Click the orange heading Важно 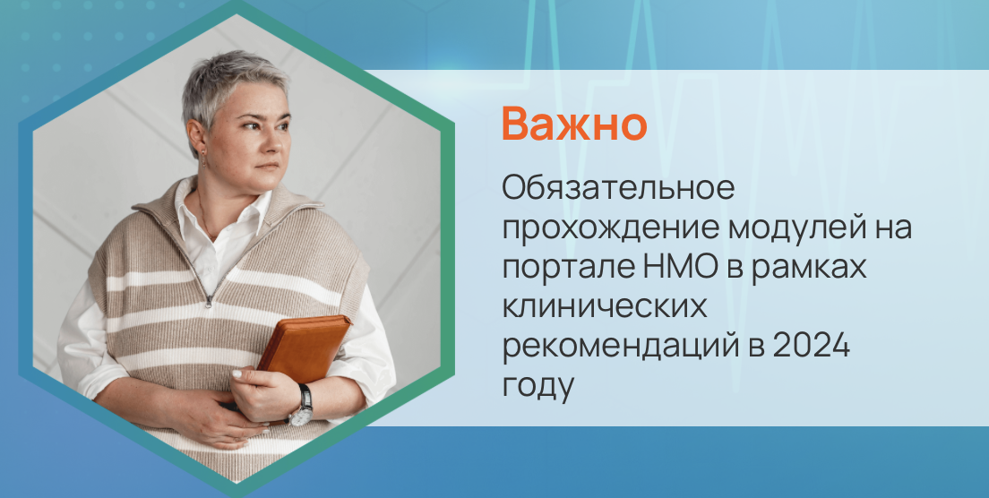coord(573,124)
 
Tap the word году coord(536,387)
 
